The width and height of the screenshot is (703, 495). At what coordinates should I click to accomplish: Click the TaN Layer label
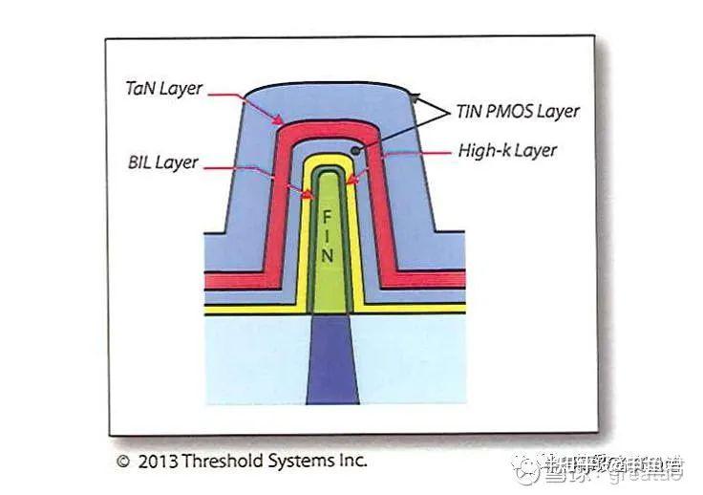[x=164, y=88]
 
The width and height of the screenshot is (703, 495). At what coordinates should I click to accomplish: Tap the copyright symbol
[x=122, y=461]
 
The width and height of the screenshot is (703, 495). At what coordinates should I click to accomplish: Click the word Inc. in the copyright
[x=351, y=461]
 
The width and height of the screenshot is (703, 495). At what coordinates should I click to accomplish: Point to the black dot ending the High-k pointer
[x=356, y=150]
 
